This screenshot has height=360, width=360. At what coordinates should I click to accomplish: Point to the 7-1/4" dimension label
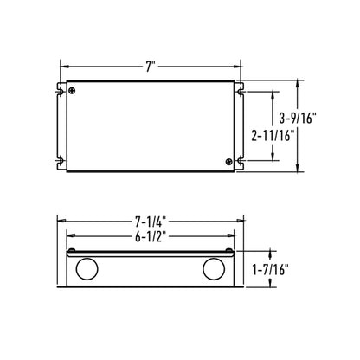pos(152,220)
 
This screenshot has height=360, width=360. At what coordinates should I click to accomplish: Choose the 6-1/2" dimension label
pos(152,235)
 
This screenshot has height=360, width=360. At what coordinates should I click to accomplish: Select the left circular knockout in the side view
pos(87,271)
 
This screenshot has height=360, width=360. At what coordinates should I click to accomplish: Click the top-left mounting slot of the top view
pos(61,87)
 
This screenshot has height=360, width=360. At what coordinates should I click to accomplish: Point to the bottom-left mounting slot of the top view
pos(61,160)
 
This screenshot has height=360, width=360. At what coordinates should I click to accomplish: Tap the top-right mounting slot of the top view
pos(241,87)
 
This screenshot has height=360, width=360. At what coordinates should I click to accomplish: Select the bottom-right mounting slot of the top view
pos(241,160)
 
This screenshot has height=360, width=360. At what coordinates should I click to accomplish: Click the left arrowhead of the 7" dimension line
pos(62,66)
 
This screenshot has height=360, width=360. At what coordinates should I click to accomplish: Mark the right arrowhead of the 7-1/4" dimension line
pos(244,220)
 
